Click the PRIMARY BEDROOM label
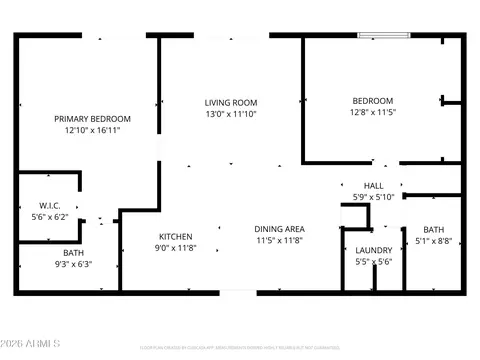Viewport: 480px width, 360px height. pyautogui.click(x=92, y=119)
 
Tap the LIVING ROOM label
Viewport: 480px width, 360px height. pyautogui.click(x=231, y=102)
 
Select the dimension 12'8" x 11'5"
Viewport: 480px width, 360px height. pyautogui.click(x=372, y=113)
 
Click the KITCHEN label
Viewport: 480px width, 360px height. pyautogui.click(x=176, y=236)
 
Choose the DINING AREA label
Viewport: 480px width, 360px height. pyautogui.click(x=279, y=229)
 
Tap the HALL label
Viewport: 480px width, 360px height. pyautogui.click(x=374, y=186)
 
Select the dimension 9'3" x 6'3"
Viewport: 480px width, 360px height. pyautogui.click(x=74, y=265)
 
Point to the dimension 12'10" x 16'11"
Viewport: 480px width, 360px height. pyautogui.click(x=92, y=130)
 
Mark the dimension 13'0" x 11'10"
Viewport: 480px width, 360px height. pyautogui.click(x=231, y=113)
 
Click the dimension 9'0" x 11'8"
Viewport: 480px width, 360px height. pyautogui.click(x=176, y=247)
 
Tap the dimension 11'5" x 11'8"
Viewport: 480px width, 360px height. pyautogui.click(x=279, y=241)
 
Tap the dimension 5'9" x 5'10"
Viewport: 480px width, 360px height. pyautogui.click(x=374, y=197)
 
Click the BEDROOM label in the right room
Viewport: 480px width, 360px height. pyautogui.click(x=372, y=101)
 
